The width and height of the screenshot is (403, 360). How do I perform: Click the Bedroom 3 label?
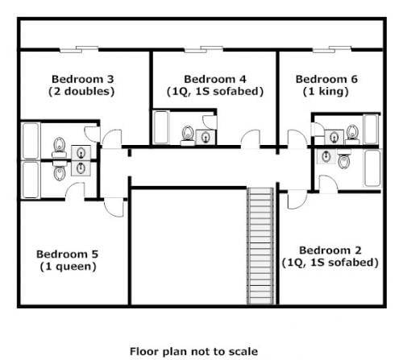(x=82, y=79)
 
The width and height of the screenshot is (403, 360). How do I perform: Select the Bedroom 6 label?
(x=326, y=79)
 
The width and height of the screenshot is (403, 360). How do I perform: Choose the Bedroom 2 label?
(x=330, y=250)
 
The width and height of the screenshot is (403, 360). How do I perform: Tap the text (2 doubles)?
(x=82, y=91)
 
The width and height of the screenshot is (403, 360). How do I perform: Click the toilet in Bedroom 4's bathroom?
(x=188, y=134)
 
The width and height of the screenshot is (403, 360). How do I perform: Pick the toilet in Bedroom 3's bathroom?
(x=58, y=145)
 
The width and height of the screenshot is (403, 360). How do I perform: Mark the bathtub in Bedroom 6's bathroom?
(x=371, y=129)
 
